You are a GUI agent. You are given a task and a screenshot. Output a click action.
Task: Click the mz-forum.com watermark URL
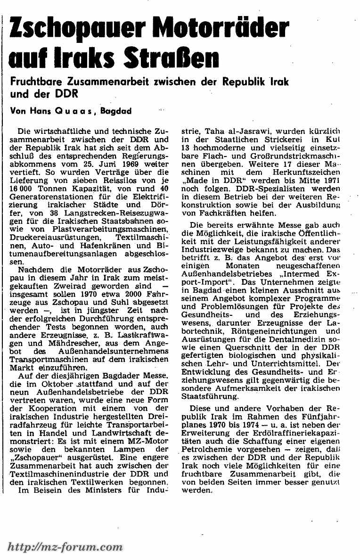pos(65,547)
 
